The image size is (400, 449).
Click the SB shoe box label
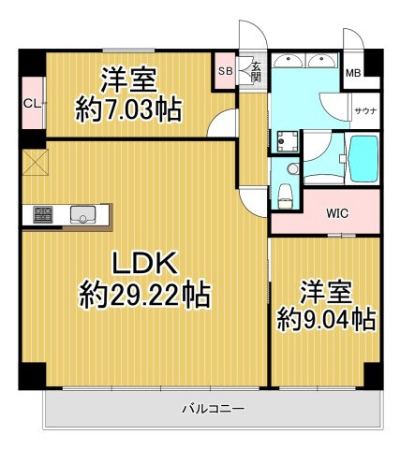pos(225,71)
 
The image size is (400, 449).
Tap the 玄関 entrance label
pos(255,71)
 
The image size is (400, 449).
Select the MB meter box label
pos(353,73)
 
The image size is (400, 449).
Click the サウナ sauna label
pos(364,110)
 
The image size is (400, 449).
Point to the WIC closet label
pos(337,213)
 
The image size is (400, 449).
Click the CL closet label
pos(31,104)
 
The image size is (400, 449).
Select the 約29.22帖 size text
pos(145,297)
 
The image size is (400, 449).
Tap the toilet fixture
pos(286,196)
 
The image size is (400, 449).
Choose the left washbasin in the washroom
pos(290,61)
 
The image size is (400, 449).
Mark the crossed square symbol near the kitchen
pos(35,162)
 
